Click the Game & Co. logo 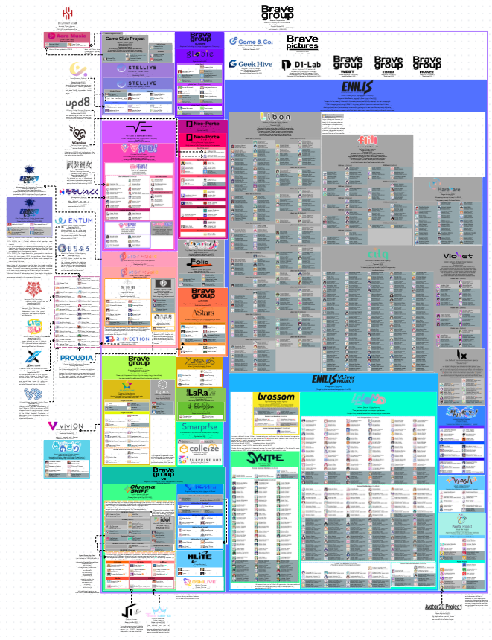coord(252,42)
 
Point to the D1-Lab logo coord(301,65)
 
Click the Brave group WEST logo coord(348,63)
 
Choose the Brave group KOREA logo coord(388,63)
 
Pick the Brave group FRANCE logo coord(426,63)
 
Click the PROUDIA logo coord(77,358)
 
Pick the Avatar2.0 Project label coord(444,607)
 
